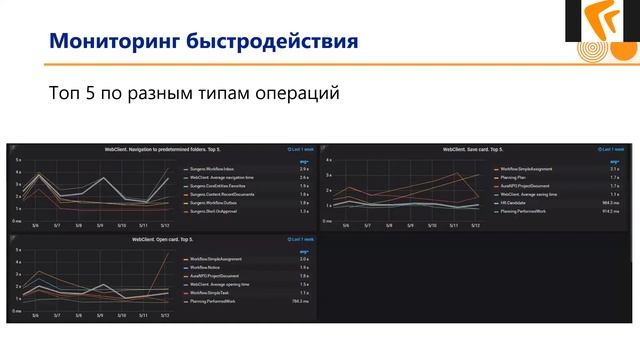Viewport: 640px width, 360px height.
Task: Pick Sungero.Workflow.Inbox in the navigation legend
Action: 214,169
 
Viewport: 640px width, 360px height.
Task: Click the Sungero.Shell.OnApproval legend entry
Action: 216,212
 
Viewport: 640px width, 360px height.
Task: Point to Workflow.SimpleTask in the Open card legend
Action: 211,292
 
